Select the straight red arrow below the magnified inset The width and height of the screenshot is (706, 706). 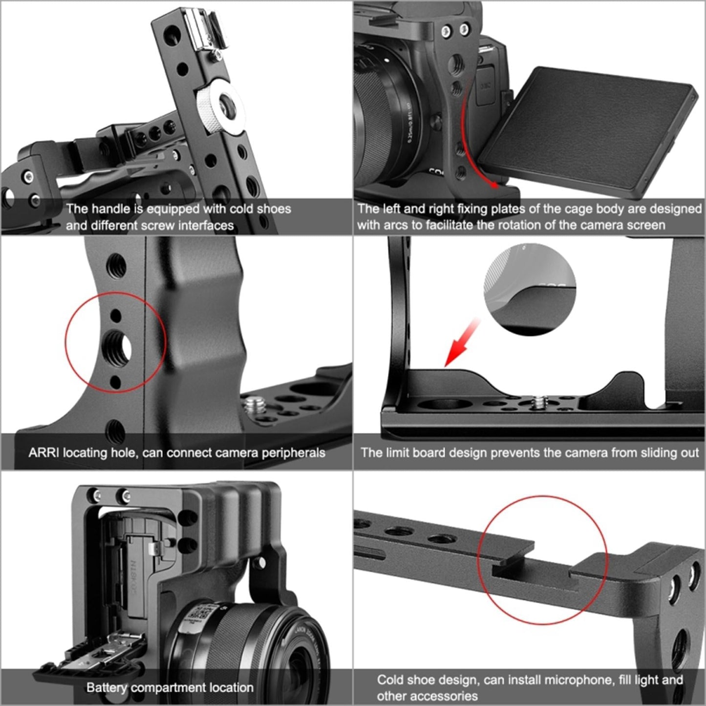point(462,342)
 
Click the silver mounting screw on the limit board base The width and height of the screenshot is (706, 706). point(539,402)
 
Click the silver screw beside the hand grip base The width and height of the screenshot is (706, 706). point(253,405)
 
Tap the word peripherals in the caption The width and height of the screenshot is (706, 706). point(293,453)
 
